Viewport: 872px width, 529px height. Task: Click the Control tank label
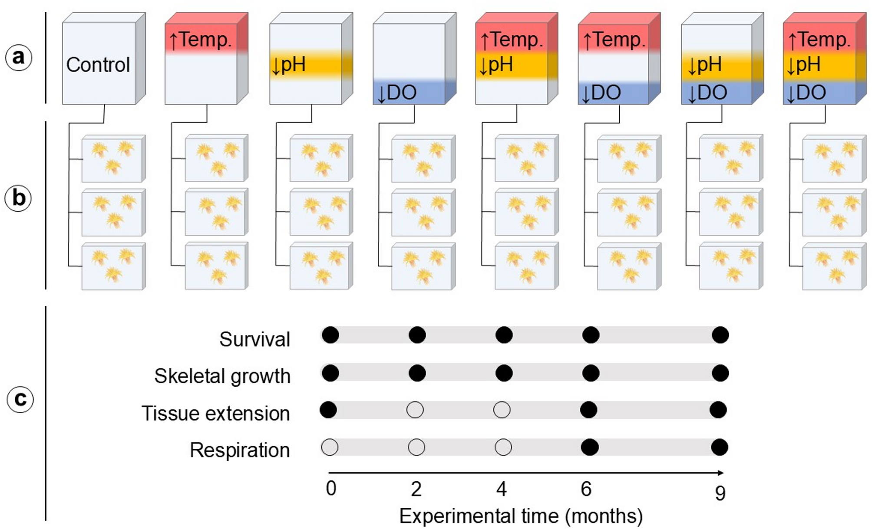[x=98, y=65]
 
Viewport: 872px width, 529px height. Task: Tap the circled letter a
[x=18, y=57]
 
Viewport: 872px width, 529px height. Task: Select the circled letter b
[x=18, y=198]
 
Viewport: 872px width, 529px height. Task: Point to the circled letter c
[x=20, y=399]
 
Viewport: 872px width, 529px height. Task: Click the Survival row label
[x=254, y=339]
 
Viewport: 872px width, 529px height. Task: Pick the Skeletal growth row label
[x=222, y=376]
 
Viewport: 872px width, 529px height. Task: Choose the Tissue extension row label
[x=215, y=413]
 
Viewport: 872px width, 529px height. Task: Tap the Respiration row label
[x=239, y=450]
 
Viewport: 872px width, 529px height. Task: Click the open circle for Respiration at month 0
[x=330, y=447]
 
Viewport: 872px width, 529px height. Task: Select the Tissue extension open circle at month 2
[x=415, y=410]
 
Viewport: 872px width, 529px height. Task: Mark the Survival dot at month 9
[x=720, y=335]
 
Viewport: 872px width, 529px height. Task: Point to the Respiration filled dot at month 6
[x=589, y=447]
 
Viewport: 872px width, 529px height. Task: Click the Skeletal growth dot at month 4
[x=504, y=373]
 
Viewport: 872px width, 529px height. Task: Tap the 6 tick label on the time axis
[x=586, y=489]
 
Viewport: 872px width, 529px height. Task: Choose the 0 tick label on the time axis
[x=331, y=489]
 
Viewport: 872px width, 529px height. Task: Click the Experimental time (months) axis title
[x=521, y=516]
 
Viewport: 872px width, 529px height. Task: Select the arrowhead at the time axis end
[x=721, y=473]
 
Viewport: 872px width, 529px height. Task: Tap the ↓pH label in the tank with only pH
[x=288, y=65]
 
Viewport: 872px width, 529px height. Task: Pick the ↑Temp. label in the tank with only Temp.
[x=200, y=40]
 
